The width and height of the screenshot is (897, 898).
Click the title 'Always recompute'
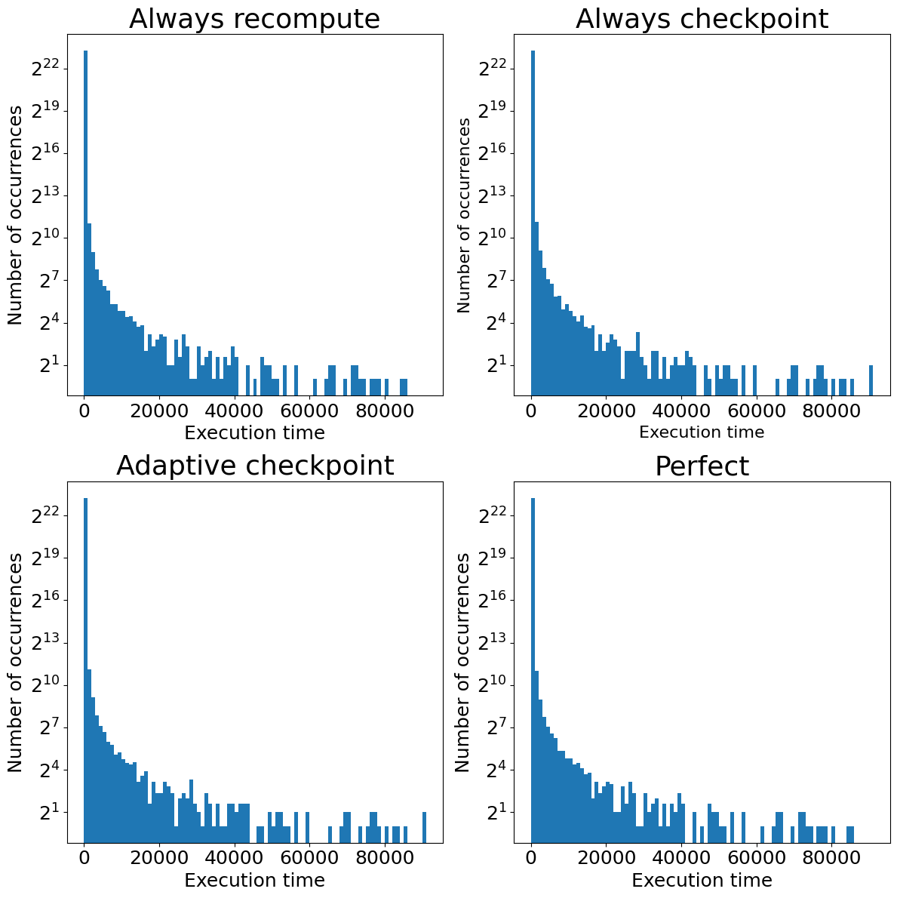tap(254, 19)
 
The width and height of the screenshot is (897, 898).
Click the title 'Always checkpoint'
tap(702, 19)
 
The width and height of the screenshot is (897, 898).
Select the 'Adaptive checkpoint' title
tap(254, 466)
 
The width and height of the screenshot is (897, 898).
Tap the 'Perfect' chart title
tap(702, 466)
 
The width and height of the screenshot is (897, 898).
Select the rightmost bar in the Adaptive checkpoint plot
tap(424, 827)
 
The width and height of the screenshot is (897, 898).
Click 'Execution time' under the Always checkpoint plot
tap(702, 432)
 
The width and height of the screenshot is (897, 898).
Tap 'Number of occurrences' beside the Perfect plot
tap(463, 662)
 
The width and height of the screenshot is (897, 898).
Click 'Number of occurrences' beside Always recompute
tap(16, 215)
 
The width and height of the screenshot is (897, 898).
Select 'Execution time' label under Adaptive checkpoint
tap(254, 880)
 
